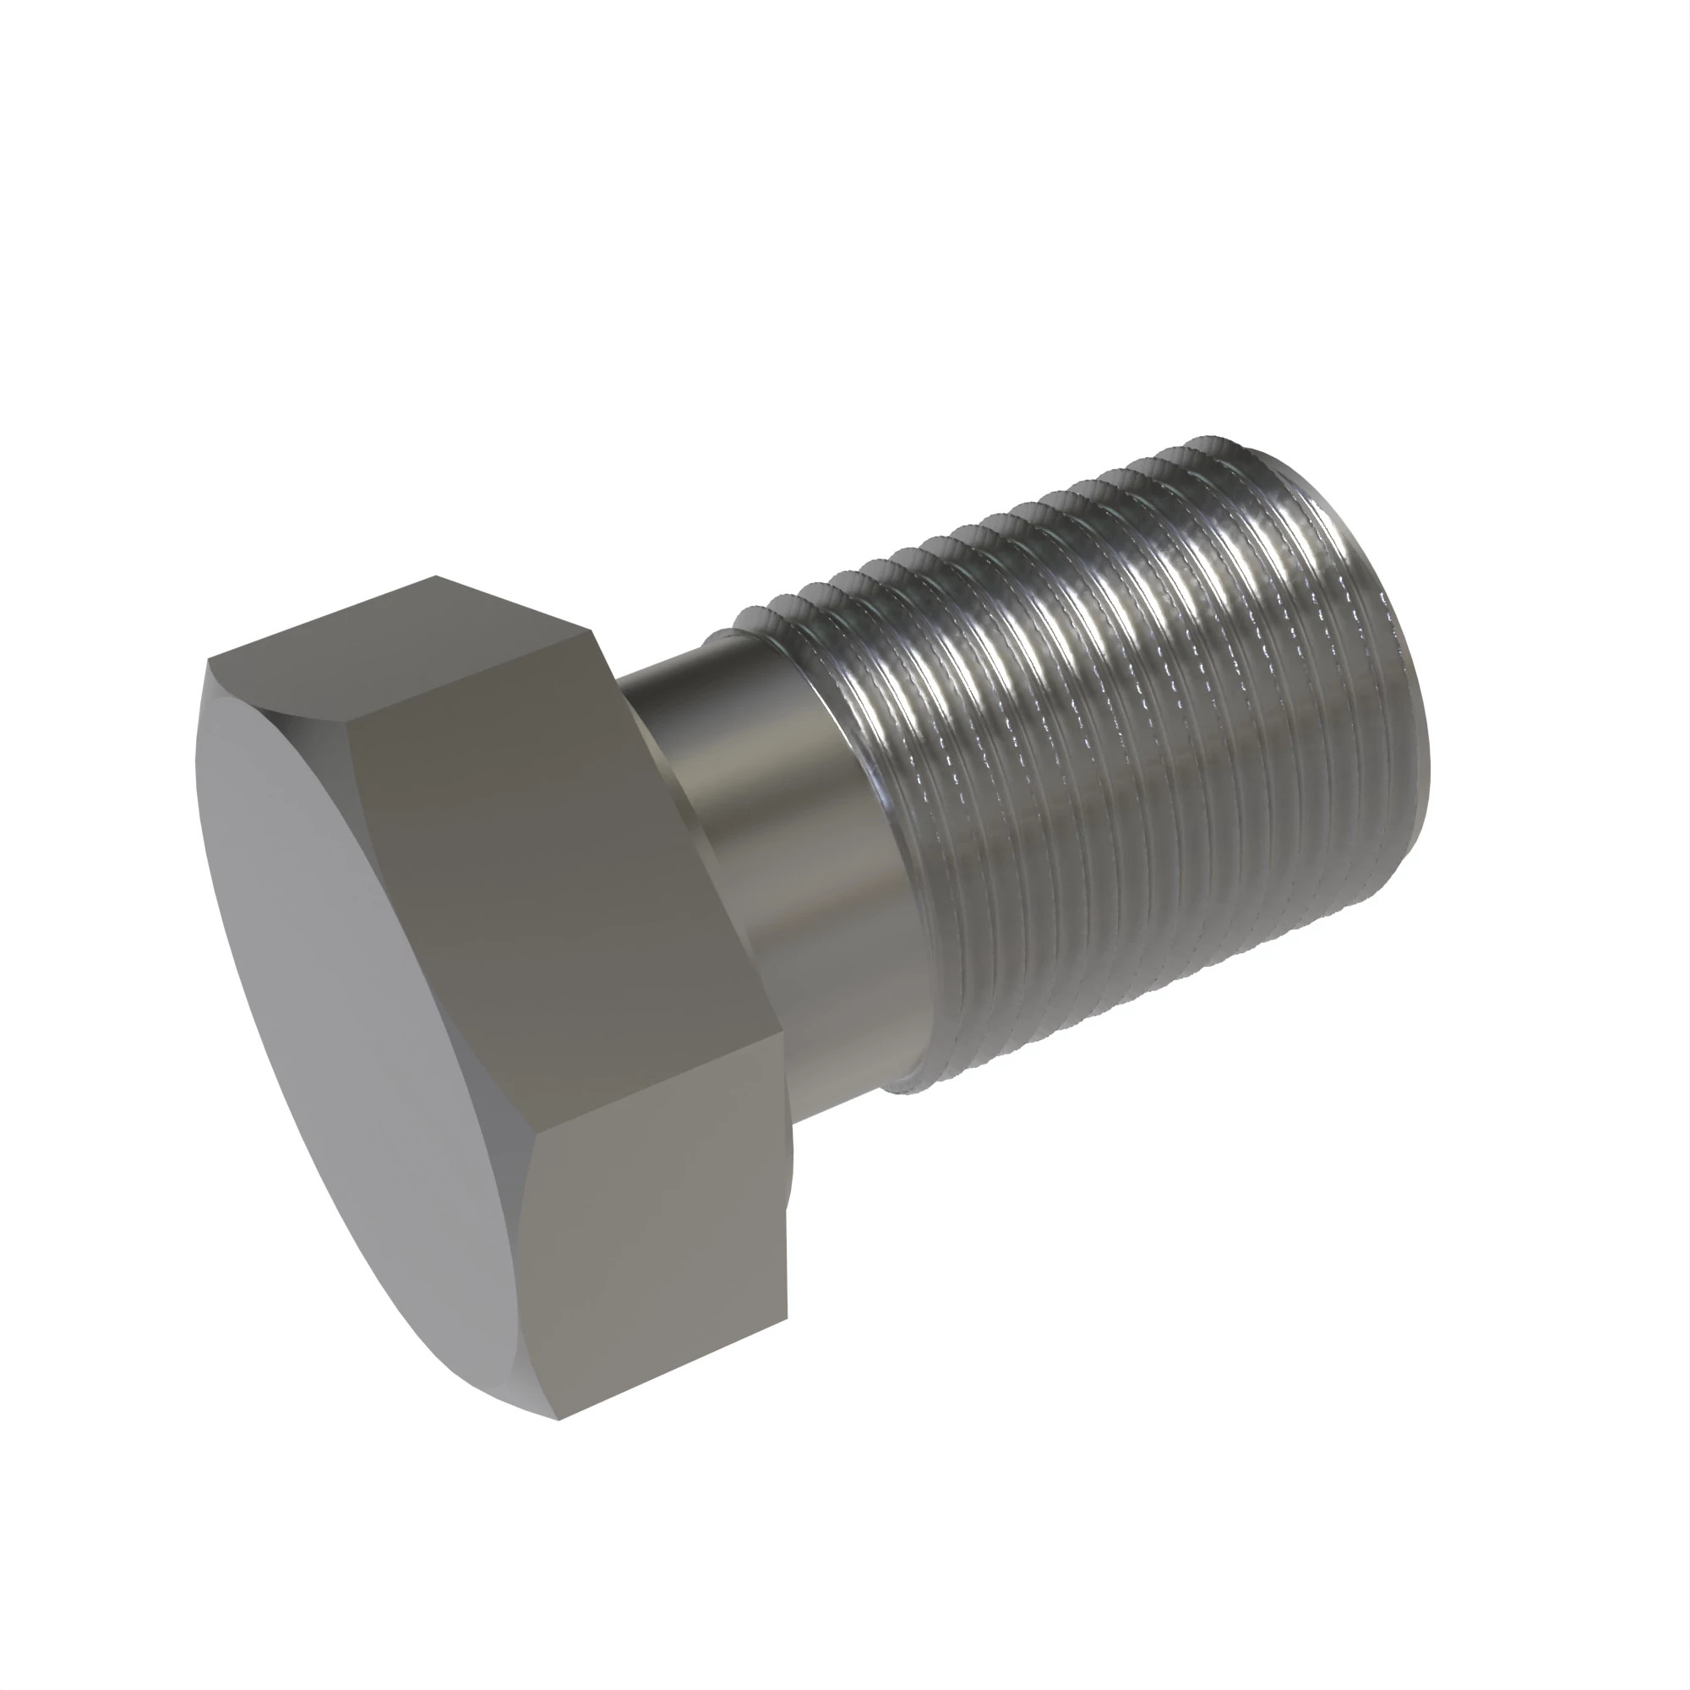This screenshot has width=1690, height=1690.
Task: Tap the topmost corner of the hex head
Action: (437, 576)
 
